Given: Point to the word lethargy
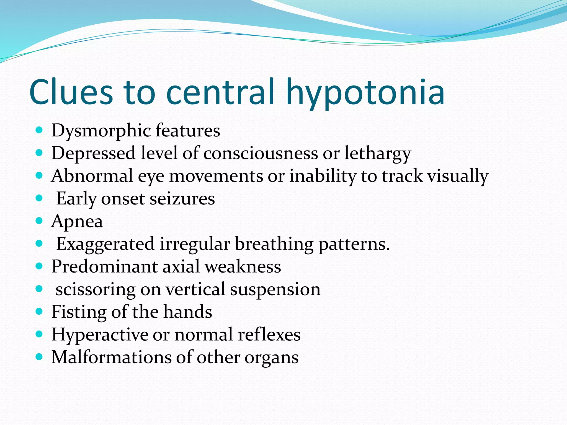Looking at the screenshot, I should [x=378, y=154].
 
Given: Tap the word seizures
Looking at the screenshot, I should [x=182, y=199].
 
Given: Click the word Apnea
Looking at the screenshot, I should [x=77, y=222].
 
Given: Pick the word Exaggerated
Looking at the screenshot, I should [x=105, y=244].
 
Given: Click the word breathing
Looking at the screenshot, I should [x=274, y=244].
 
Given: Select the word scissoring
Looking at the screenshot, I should [x=96, y=290].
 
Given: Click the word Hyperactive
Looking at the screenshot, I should [x=100, y=335].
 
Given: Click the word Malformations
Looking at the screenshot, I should [x=111, y=357].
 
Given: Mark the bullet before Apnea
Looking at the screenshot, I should [x=39, y=221].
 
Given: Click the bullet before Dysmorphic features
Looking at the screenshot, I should [x=39, y=130].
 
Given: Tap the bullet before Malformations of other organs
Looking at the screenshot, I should [x=39, y=357].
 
